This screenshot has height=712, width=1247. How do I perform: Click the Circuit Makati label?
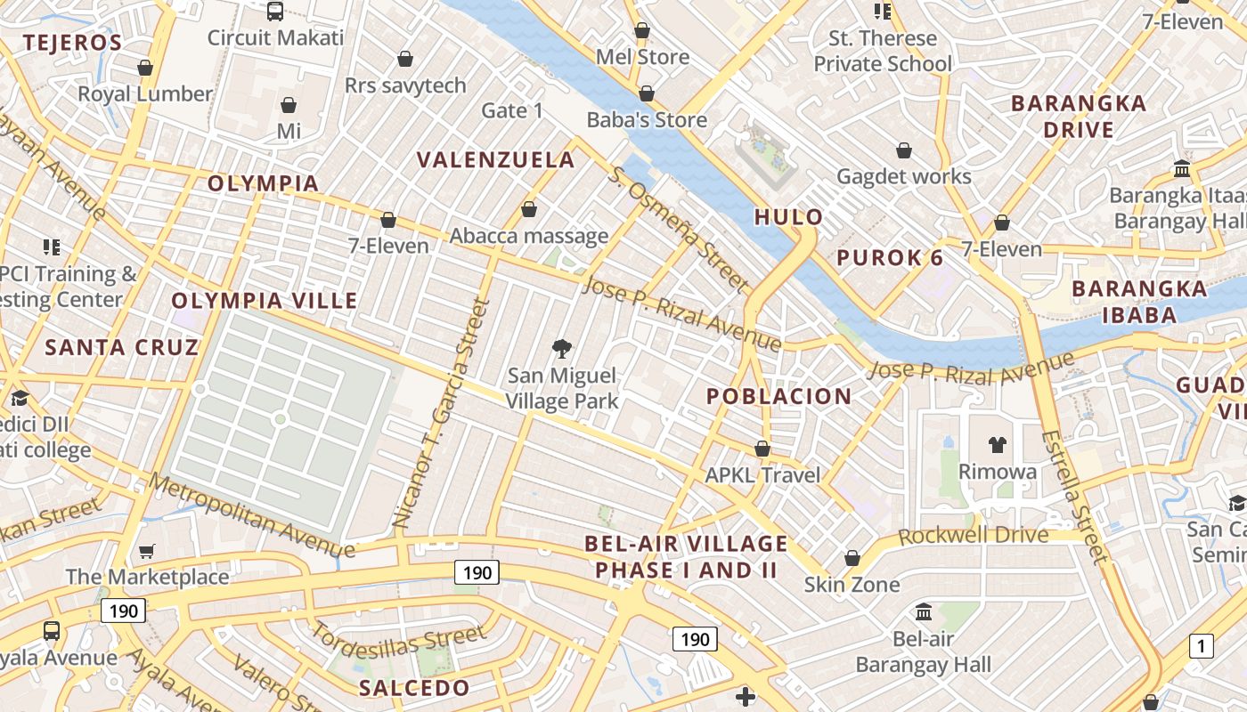click(x=275, y=38)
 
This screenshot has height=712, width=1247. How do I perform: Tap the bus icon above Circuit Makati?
click(x=275, y=12)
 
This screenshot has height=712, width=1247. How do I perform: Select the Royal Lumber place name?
click(x=145, y=93)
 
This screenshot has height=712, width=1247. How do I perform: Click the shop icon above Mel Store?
click(x=641, y=31)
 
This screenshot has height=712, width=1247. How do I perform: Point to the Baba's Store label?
click(x=647, y=119)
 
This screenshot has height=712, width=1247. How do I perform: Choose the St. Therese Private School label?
click(x=883, y=51)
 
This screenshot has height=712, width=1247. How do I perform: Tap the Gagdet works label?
click(x=904, y=176)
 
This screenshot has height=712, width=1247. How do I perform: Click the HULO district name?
click(x=789, y=217)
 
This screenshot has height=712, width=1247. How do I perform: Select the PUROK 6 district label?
click(x=890, y=258)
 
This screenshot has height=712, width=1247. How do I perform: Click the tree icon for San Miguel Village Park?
click(x=562, y=349)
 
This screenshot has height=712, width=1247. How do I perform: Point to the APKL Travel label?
click(x=762, y=475)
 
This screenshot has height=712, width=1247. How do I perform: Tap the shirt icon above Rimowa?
click(x=997, y=444)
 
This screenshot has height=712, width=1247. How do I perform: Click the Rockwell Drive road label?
click(x=974, y=536)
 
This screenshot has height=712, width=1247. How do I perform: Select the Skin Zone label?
click(x=852, y=585)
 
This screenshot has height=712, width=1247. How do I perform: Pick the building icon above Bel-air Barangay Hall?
click(x=924, y=612)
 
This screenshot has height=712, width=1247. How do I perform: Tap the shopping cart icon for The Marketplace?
click(x=147, y=552)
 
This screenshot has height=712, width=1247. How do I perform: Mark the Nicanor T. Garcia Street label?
click(x=442, y=414)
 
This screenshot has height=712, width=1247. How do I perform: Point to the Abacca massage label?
click(x=529, y=236)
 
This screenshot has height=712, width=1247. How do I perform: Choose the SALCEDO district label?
click(x=413, y=688)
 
